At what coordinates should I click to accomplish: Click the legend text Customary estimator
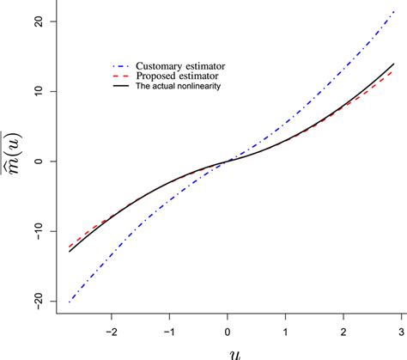pyautogui.click(x=182, y=65)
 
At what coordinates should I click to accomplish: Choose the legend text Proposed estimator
pyautogui.click(x=177, y=76)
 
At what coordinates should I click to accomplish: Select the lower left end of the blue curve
pyautogui.click(x=69, y=302)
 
